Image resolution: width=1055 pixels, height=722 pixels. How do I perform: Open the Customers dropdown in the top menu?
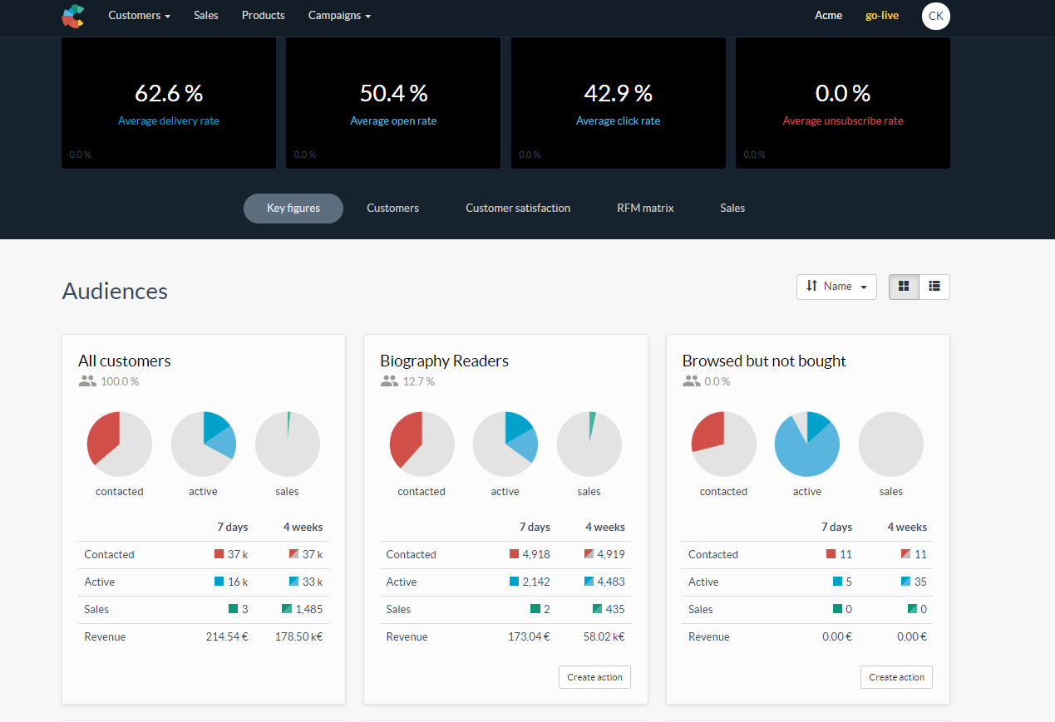(139, 16)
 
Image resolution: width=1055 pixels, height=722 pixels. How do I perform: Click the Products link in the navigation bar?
(263, 16)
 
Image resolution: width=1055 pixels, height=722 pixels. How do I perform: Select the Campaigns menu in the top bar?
(339, 16)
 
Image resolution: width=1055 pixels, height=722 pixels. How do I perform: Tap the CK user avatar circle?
(935, 16)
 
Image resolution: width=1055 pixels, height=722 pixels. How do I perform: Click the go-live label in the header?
(881, 16)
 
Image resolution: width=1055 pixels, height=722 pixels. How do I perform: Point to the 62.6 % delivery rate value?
(169, 93)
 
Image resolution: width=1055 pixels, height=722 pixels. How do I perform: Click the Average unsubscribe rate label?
(842, 121)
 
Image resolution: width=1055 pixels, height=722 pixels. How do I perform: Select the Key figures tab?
(293, 209)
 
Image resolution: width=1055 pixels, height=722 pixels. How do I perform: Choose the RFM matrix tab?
(645, 209)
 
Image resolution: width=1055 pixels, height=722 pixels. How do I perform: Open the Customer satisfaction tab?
(517, 209)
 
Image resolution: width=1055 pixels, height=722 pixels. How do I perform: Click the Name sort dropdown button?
(836, 287)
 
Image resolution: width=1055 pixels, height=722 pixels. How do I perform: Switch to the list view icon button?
(934, 287)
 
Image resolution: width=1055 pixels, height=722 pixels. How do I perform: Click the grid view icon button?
(904, 287)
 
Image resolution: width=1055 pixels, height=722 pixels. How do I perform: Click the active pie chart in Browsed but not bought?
(806, 444)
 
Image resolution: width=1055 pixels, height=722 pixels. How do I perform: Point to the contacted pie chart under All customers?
(120, 444)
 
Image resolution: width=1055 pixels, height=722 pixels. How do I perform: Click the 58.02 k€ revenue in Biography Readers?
(605, 637)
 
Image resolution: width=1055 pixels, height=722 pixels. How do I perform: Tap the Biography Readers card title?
(444, 361)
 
